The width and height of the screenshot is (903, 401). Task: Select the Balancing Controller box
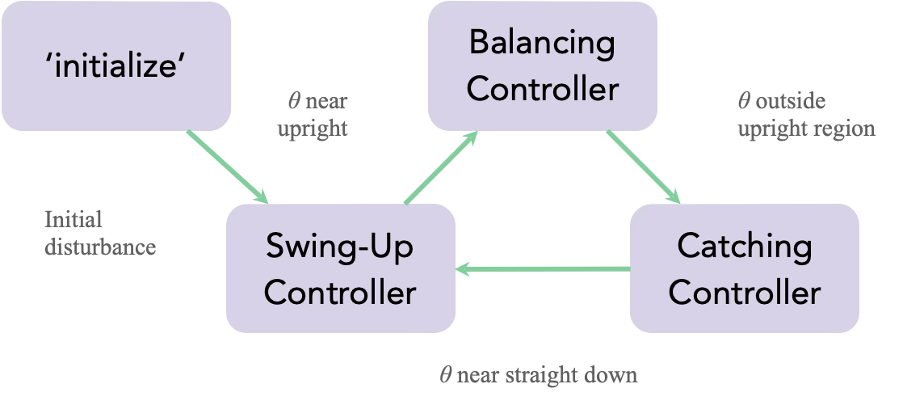point(542,65)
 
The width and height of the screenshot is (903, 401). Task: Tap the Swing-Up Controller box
point(340,268)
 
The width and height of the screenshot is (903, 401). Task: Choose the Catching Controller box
point(744,268)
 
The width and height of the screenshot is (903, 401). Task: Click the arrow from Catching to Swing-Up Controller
point(542,269)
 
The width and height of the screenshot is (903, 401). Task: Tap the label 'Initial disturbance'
point(99,233)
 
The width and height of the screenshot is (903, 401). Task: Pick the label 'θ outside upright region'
point(805,115)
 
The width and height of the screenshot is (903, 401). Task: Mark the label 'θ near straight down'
point(538,375)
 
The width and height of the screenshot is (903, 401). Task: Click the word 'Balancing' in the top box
point(542,42)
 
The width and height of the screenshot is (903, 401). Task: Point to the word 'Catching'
point(744,245)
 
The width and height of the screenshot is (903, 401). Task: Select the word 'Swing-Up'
point(340,245)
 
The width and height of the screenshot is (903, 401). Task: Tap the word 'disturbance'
point(99,247)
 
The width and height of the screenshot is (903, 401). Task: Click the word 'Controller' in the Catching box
point(744,292)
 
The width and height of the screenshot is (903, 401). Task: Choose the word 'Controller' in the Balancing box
point(542,89)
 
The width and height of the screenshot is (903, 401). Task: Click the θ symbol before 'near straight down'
point(445,375)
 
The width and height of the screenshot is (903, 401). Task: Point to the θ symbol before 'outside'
point(744,102)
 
